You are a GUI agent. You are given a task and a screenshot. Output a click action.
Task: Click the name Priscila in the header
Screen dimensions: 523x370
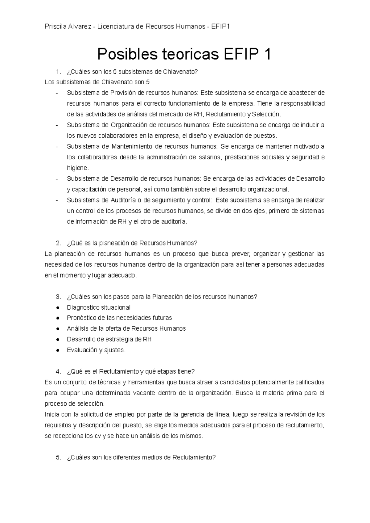[54, 27]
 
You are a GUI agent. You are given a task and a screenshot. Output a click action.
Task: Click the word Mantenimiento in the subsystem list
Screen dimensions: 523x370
[132, 146]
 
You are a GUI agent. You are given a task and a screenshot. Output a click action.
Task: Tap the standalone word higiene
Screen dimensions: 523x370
[77, 168]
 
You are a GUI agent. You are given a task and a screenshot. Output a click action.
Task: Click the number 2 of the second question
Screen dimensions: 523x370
[58, 243]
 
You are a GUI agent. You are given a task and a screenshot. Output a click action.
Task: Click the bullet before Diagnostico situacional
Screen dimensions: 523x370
[58, 308]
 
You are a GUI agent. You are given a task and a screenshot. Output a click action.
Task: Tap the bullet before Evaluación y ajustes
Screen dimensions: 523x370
[58, 350]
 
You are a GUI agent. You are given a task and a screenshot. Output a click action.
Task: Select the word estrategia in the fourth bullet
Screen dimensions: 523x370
[120, 339]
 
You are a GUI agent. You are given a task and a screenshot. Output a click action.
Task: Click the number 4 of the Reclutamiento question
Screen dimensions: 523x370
[58, 371]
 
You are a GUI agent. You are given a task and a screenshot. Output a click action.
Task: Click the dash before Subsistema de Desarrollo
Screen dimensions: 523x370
[57, 179]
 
